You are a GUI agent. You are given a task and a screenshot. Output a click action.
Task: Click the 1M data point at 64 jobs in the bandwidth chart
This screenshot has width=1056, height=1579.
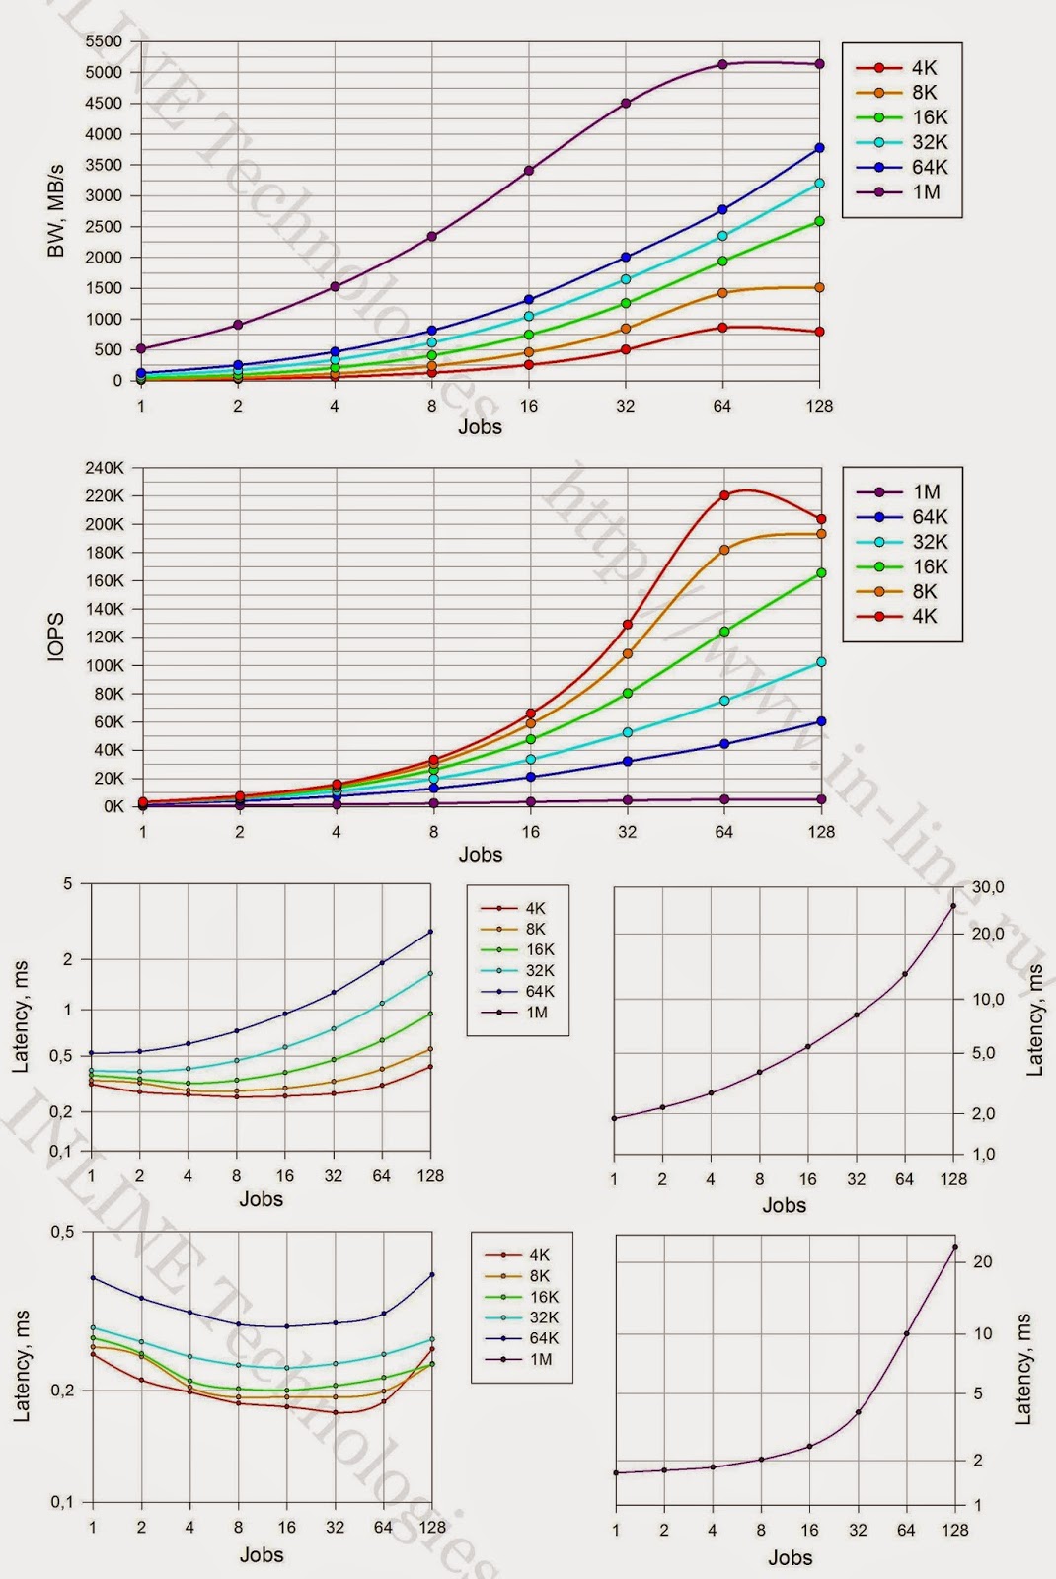(x=722, y=64)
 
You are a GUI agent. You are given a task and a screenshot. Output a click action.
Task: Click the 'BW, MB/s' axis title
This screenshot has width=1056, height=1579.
(x=56, y=211)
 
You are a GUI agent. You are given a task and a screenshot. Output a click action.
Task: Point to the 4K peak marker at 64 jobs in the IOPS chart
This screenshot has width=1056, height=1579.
(x=723, y=495)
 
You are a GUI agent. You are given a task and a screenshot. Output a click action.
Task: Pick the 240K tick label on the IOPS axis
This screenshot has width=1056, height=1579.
(x=104, y=468)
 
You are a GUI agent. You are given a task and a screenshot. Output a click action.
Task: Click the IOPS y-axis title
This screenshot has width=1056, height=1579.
(x=56, y=637)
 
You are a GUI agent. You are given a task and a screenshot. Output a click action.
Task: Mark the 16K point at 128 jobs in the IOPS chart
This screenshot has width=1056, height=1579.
(x=820, y=573)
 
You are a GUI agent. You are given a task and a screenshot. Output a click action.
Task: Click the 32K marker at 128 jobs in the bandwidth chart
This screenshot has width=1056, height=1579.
(x=819, y=184)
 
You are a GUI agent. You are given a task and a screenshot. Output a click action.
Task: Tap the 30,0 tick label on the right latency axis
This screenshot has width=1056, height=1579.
(x=988, y=887)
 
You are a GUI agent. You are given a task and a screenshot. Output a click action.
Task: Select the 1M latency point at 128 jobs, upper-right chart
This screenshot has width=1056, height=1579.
(x=953, y=905)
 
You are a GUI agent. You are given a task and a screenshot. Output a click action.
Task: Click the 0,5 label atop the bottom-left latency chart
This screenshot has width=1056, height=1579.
(x=63, y=1232)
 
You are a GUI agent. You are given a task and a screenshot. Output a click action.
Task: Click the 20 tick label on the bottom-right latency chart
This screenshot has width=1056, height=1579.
(x=983, y=1261)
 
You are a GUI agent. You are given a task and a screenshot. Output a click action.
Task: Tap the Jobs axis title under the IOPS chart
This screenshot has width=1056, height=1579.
(x=480, y=854)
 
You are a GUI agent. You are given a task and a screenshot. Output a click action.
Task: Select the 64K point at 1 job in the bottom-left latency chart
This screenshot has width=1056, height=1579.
(x=93, y=1278)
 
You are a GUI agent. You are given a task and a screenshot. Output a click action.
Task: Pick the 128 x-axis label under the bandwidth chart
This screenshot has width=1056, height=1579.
(x=819, y=406)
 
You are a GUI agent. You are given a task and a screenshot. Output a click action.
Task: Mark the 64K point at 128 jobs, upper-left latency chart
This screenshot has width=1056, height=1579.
(x=430, y=932)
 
